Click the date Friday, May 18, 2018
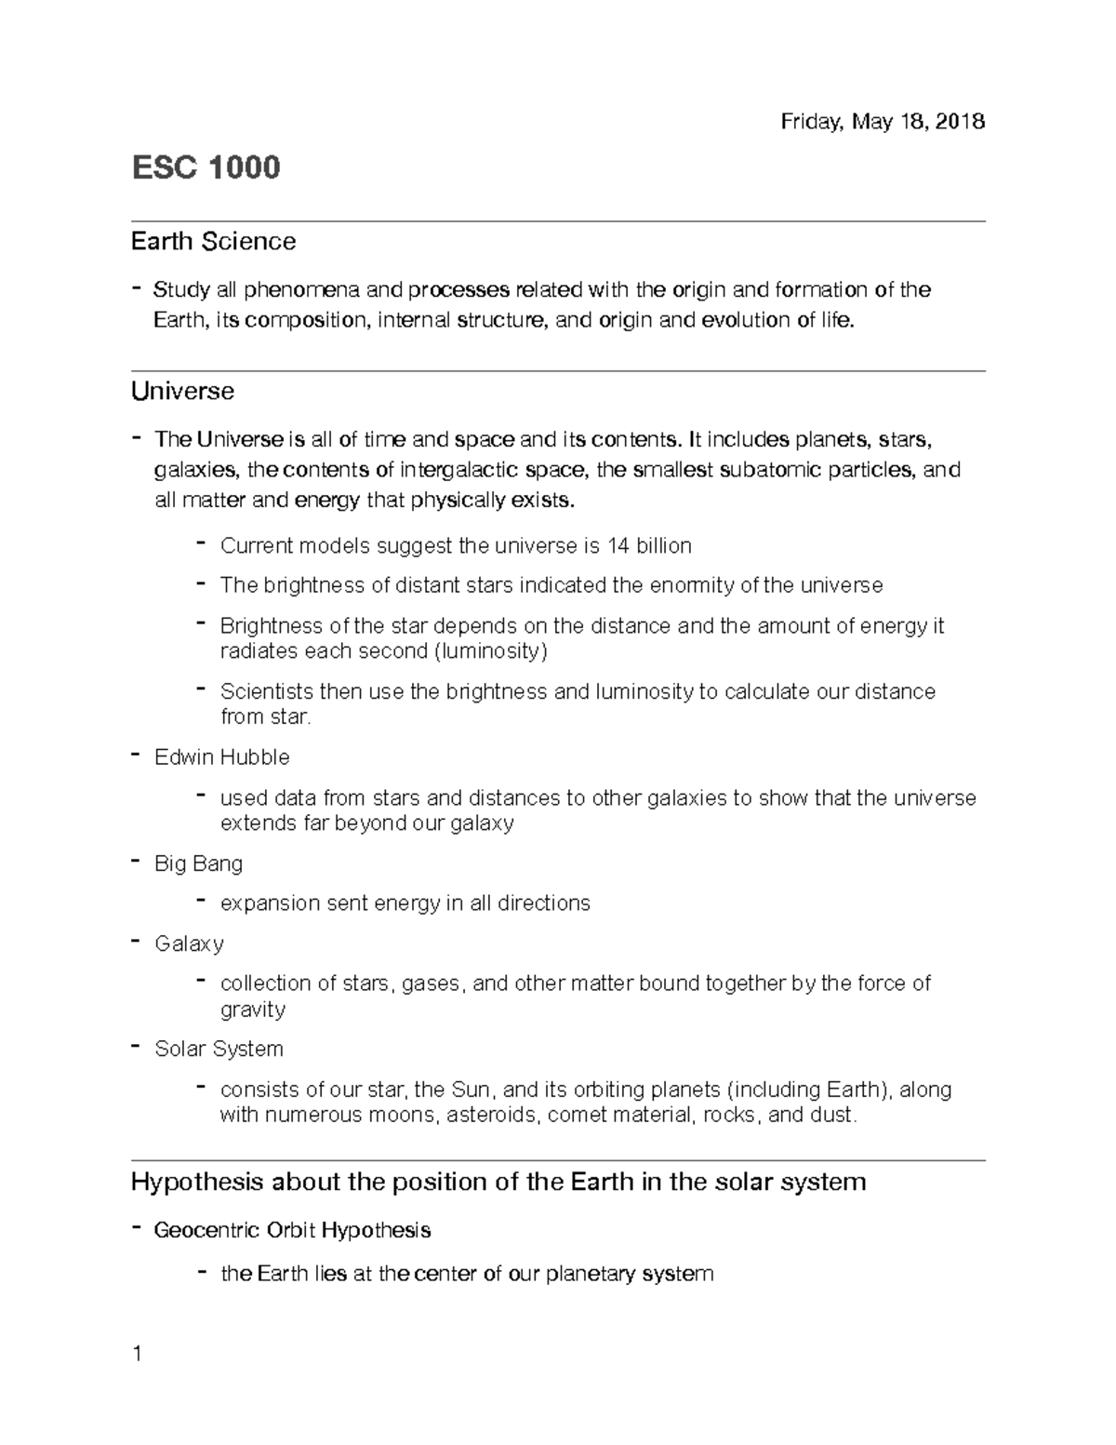pos(883,122)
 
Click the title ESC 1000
pos(206,168)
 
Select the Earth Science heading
pos(213,242)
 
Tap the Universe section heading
pos(182,391)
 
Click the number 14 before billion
pos(618,545)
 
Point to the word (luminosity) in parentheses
pos(491,650)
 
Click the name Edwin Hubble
pos(222,757)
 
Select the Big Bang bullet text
pos(198,863)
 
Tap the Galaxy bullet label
pos(189,943)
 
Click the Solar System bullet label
pos(219,1049)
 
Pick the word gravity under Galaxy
pos(252,1010)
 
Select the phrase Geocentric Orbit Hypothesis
pos(292,1231)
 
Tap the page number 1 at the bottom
pos(138,1354)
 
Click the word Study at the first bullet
pos(181,290)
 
